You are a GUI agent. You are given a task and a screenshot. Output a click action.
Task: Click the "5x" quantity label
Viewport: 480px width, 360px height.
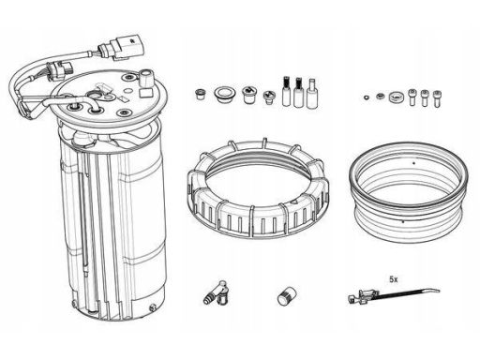tap(394, 279)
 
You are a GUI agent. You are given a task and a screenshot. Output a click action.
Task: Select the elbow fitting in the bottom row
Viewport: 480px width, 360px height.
tap(217, 293)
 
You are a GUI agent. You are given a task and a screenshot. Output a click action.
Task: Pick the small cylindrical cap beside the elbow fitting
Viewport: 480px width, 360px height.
tap(287, 296)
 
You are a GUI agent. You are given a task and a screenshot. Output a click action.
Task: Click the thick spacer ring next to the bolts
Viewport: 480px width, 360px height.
tap(396, 97)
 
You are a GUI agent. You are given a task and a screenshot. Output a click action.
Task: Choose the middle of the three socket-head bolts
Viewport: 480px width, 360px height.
tap(424, 97)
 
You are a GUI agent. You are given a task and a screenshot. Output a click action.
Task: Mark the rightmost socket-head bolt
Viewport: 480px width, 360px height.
tap(437, 98)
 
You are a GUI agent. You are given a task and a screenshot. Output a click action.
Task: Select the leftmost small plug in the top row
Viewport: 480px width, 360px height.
tap(200, 94)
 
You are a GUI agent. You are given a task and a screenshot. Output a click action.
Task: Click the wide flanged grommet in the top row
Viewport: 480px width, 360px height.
tap(224, 96)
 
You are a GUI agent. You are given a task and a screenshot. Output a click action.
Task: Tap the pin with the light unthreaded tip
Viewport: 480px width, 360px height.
tap(312, 94)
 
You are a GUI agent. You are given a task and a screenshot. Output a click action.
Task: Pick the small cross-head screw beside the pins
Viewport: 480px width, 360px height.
tap(269, 97)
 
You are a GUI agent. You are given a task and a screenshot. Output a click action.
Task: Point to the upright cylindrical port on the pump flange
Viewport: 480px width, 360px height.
tap(145, 78)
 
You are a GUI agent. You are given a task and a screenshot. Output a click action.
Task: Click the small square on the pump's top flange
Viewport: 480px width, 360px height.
tap(145, 93)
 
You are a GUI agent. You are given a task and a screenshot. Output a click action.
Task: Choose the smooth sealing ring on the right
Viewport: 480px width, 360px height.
tap(409, 191)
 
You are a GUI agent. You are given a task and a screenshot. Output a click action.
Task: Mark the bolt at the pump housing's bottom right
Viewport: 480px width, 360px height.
tap(152, 307)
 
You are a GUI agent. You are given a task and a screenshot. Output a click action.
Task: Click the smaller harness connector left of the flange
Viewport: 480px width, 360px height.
tap(60, 70)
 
